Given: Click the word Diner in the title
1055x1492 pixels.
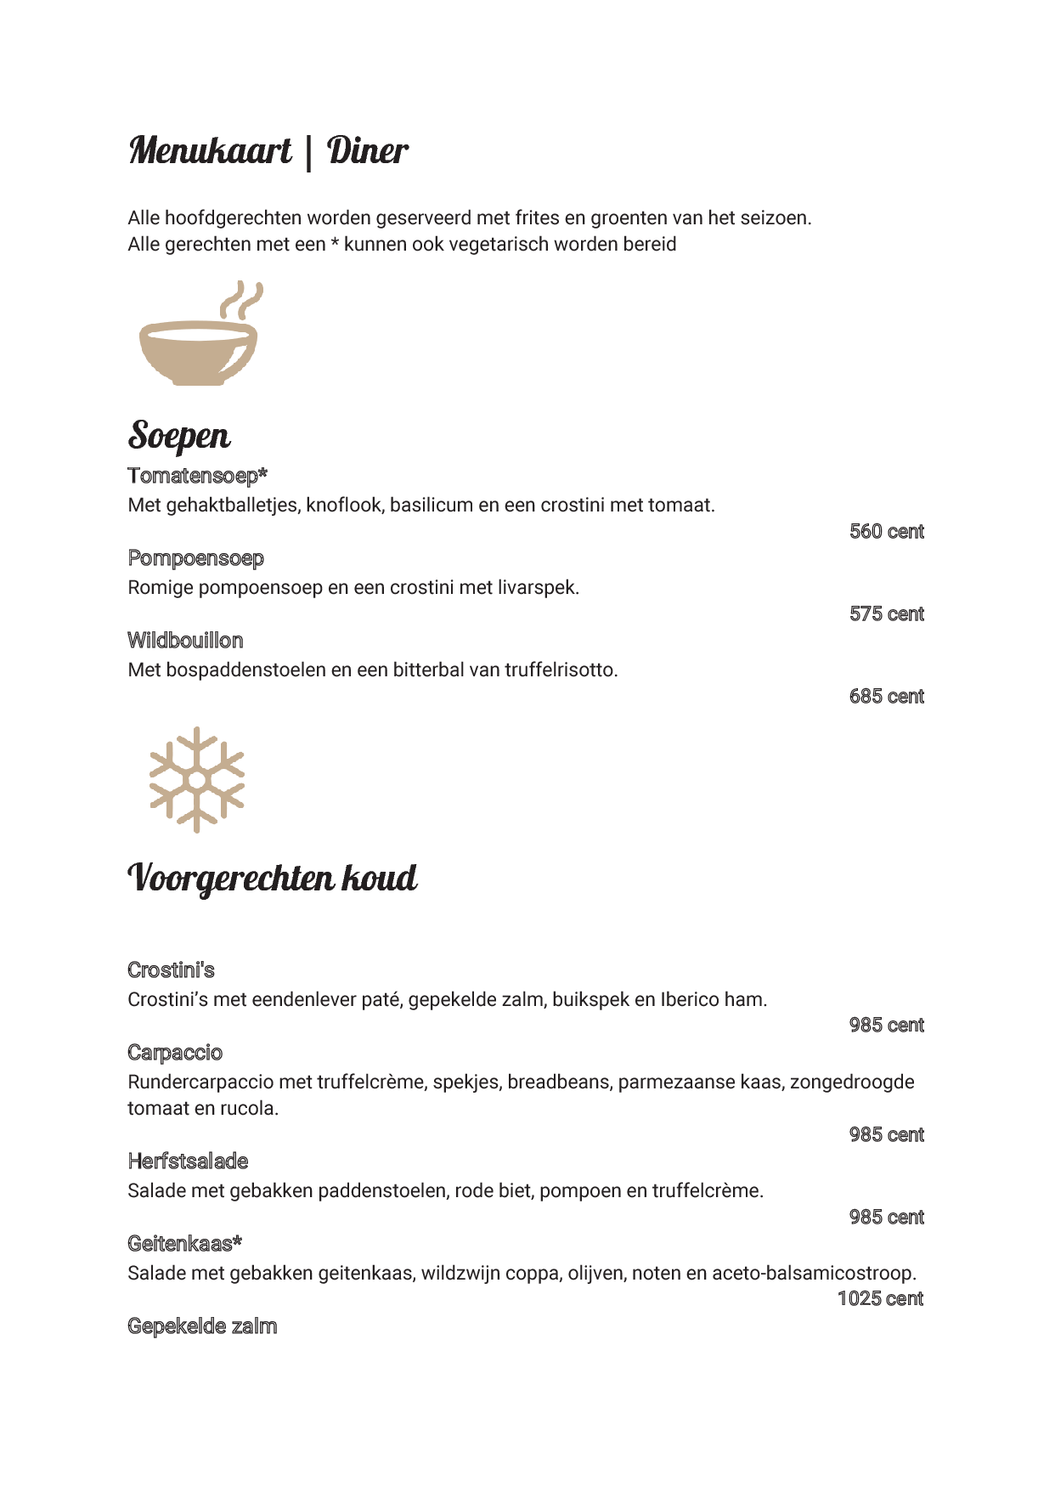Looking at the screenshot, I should click(x=367, y=151).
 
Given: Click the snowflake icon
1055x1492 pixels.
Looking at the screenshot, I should click(x=197, y=779).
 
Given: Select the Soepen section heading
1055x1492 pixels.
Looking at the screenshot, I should click(x=179, y=436).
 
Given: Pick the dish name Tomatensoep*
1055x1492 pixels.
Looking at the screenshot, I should click(x=197, y=476).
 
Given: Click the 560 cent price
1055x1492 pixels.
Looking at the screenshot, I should click(x=886, y=532).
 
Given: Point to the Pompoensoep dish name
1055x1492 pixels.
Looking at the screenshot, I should click(x=195, y=558).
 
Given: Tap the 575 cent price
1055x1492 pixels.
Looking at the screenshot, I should click(x=886, y=614).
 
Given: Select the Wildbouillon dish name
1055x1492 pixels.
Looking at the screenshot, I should click(x=185, y=641).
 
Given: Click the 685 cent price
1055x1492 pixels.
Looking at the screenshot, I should click(x=886, y=697).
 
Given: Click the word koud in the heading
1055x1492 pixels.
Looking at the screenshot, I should click(x=379, y=878).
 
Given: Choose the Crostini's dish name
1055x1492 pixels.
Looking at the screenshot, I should click(x=171, y=970).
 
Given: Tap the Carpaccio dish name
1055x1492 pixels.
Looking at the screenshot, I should click(x=175, y=1053).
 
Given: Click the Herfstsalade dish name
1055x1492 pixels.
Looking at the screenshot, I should click(x=188, y=1161).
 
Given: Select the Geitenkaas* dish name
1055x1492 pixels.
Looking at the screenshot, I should click(x=184, y=1244).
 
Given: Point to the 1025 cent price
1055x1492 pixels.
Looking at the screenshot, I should click(x=880, y=1299).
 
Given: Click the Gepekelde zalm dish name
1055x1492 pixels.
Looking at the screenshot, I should click(x=202, y=1326).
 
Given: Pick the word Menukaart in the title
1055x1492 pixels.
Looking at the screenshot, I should click(x=211, y=151).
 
